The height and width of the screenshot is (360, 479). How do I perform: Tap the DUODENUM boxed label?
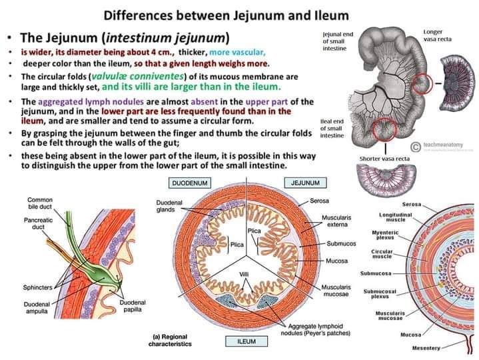click(188, 182)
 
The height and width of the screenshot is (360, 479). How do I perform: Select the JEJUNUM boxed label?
click(304, 182)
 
